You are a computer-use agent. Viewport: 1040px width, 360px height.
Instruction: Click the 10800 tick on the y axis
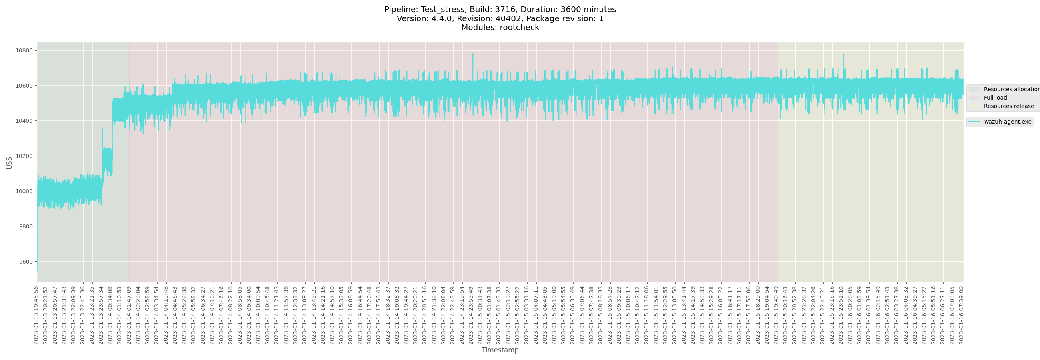tap(24, 51)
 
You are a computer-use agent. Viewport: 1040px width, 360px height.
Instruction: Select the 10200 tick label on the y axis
tap(24, 156)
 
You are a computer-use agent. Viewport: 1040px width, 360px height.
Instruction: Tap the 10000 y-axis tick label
tap(24, 191)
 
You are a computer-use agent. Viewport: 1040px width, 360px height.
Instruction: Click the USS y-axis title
tap(9, 163)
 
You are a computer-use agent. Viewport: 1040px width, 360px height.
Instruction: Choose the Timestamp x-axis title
tap(500, 350)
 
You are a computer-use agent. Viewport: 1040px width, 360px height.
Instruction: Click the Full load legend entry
tap(995, 98)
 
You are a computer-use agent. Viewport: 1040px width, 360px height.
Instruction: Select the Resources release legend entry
tap(1008, 106)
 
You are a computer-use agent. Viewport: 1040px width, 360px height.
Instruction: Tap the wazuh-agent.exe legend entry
tap(1007, 122)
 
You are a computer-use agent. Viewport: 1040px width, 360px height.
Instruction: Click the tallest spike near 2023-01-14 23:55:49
tap(472, 54)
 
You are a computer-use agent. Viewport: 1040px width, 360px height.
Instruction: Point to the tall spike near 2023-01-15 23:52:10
tap(843, 55)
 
